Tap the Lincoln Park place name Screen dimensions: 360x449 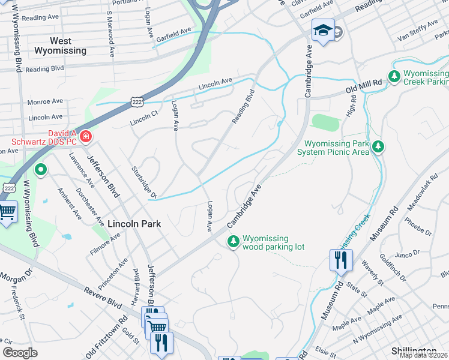pos(134,223)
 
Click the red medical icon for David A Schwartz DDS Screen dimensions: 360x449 pos(86,137)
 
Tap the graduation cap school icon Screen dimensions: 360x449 pos(322,30)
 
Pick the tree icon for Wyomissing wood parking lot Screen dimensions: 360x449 pos(233,241)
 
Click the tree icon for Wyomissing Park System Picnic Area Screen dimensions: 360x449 pos(378,146)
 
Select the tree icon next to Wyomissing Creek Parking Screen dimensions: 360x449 pos(394,76)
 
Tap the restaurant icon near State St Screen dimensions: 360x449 pos(339,260)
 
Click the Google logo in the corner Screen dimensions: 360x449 pos(20,353)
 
